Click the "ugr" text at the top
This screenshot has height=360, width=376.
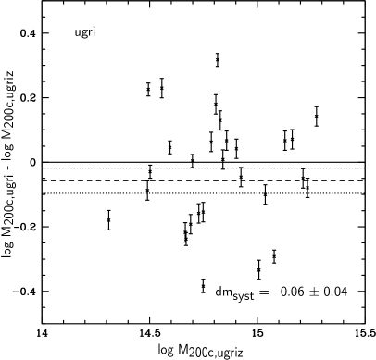[81, 33]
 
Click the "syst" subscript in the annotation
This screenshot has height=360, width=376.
[243, 297]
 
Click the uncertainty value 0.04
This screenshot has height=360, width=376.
[336, 292]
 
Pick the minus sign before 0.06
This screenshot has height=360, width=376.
[275, 292]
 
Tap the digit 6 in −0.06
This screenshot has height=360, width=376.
[304, 292]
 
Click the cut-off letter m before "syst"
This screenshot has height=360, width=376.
[229, 293]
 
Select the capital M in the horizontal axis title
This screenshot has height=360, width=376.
[184, 348]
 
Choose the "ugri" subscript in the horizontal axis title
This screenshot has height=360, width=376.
[228, 354]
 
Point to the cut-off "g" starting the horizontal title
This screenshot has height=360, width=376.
[172, 351]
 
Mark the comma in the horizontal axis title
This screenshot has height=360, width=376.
[217, 355]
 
